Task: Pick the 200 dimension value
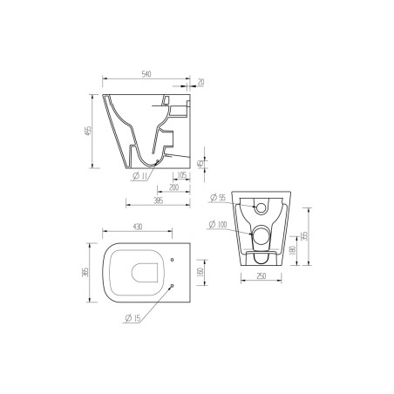[x=175, y=188]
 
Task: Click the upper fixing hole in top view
[x=173, y=261]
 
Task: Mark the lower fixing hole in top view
[x=173, y=286]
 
